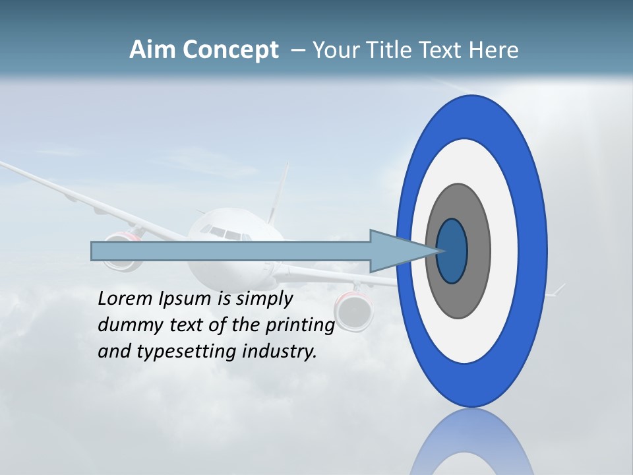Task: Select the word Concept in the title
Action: click(x=230, y=50)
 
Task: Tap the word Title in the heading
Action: click(x=395, y=50)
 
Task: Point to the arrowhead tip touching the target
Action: click(x=437, y=251)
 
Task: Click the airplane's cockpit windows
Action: click(x=222, y=232)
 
